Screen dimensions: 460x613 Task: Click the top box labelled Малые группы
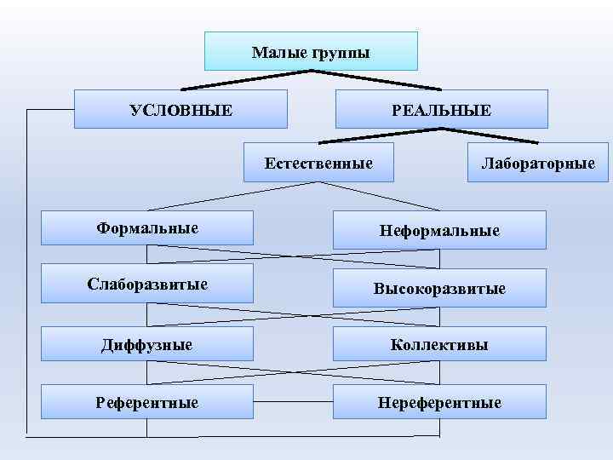(x=311, y=51)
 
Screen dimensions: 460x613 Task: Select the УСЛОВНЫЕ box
(x=180, y=109)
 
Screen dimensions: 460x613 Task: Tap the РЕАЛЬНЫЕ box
(x=441, y=109)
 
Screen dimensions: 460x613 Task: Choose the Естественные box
(x=318, y=162)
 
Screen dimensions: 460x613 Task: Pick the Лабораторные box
(x=538, y=162)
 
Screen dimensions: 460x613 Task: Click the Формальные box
(x=147, y=227)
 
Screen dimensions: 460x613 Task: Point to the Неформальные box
(x=439, y=230)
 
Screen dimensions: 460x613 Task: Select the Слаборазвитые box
(x=147, y=284)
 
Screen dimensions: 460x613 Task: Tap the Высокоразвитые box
(x=439, y=288)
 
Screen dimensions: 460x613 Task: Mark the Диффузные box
(x=147, y=344)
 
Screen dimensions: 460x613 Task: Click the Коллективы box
(x=439, y=344)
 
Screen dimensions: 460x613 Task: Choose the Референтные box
(x=147, y=401)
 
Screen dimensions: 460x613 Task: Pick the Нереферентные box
(x=439, y=401)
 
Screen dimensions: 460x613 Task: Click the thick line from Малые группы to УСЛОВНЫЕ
(x=247, y=80)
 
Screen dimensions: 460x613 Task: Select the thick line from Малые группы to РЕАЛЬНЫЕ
(x=379, y=80)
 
